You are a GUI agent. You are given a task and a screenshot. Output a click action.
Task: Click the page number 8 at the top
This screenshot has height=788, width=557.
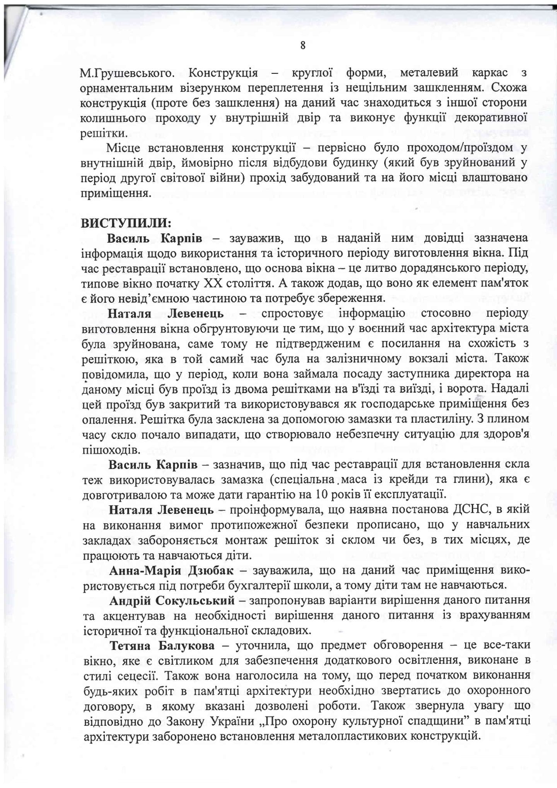point(303,46)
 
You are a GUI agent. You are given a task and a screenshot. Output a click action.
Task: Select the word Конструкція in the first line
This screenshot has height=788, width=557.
point(224,72)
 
